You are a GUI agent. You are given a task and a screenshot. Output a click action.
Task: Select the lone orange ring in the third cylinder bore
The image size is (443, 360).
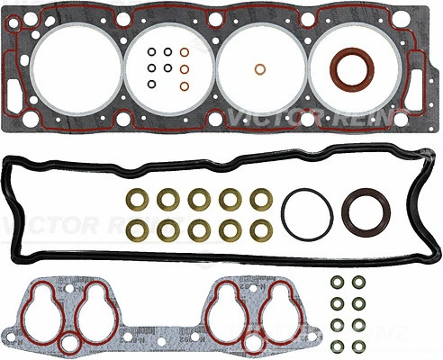[259, 70]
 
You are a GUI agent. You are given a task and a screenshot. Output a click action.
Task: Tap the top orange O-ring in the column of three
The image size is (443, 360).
[184, 51]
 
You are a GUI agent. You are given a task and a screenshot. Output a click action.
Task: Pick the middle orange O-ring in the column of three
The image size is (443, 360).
[184, 68]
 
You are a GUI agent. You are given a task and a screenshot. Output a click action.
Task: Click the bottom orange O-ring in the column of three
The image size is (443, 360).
[184, 85]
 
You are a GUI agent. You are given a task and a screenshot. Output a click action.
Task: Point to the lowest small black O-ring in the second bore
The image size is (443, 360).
[153, 85]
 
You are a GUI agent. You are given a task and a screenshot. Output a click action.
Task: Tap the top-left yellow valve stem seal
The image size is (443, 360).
[137, 198]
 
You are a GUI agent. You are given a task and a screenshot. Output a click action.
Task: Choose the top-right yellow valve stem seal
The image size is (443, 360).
[259, 198]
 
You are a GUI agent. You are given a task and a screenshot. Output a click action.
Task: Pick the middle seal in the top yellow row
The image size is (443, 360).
[198, 198]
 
